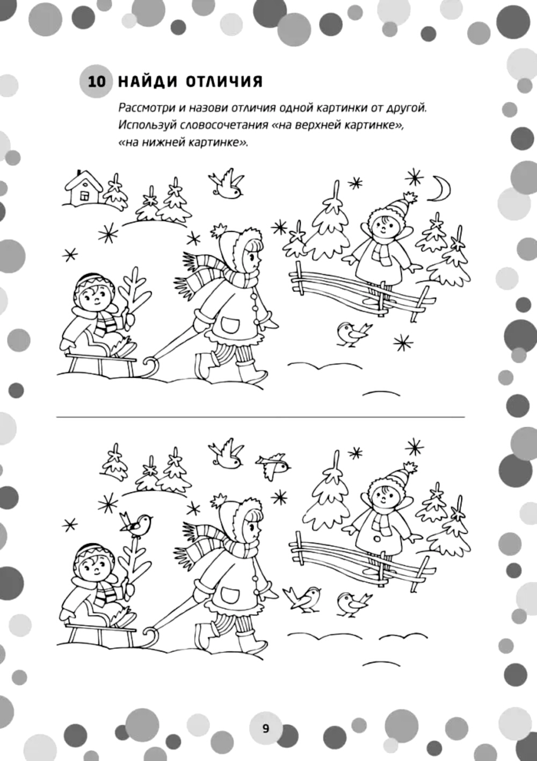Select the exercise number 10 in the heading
tap(97, 82)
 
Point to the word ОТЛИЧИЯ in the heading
tap(224, 82)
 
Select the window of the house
tap(83, 195)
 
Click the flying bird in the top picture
tap(226, 184)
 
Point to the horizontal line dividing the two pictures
tap(260, 417)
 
